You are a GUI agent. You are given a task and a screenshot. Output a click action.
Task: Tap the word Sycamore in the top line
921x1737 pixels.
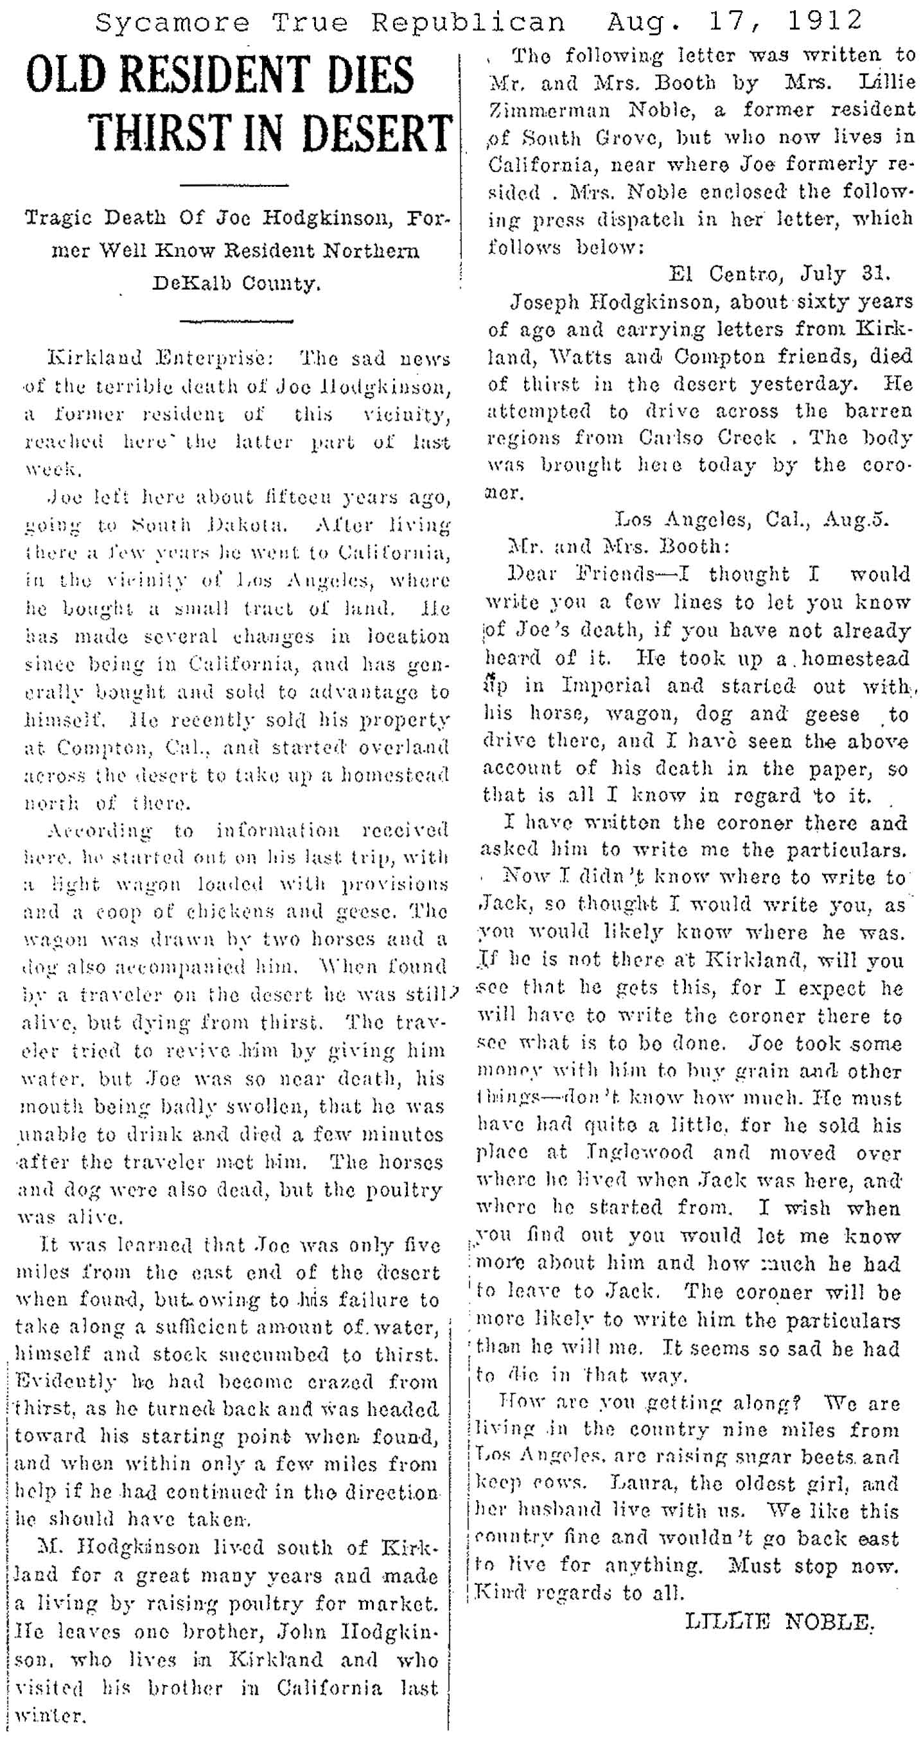[x=173, y=23]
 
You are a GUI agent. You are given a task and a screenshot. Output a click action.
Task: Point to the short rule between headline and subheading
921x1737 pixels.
[x=235, y=185]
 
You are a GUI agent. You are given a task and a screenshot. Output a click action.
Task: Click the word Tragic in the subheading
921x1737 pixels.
[x=62, y=219]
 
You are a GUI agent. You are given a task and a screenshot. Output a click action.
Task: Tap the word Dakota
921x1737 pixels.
[x=204, y=524]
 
